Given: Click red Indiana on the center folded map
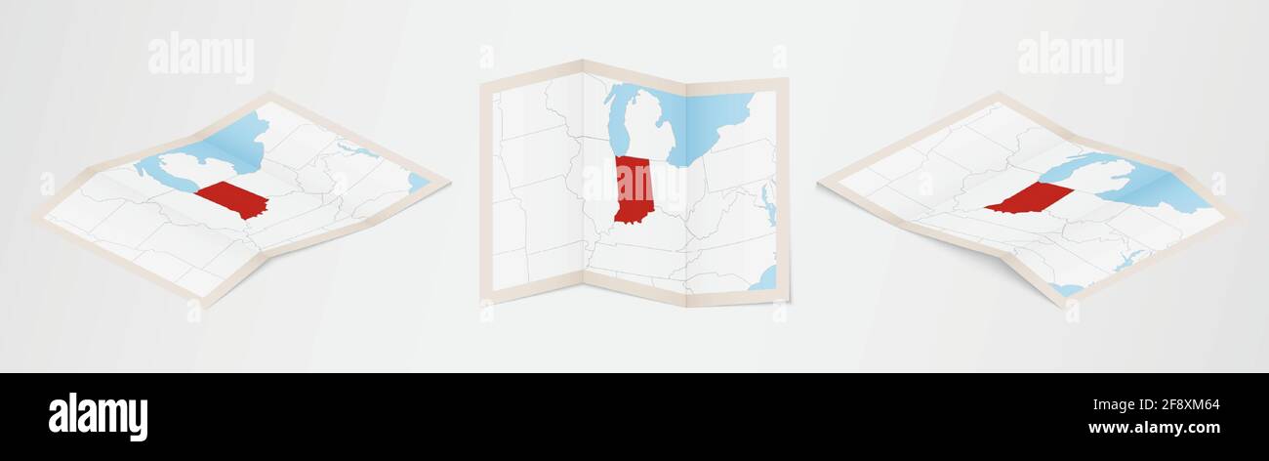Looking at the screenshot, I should (x=634, y=189).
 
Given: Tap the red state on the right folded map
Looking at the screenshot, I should (x=1030, y=197).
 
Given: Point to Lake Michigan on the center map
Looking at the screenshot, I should (x=618, y=122).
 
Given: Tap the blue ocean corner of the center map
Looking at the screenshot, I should (x=765, y=279).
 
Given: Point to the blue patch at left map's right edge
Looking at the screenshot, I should (x=418, y=182).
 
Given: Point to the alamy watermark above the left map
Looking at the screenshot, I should (x=201, y=58).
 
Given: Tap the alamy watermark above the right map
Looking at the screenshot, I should (x=1070, y=58).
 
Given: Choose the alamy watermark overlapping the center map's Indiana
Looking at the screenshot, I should (x=635, y=182).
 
